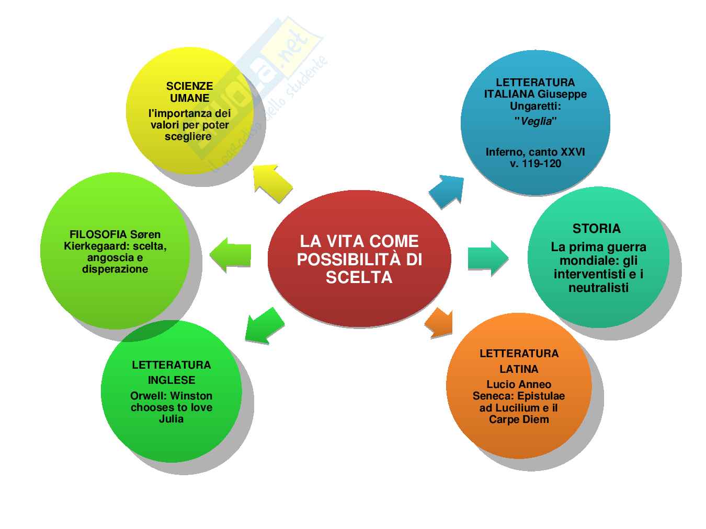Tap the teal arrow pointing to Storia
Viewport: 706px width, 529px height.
point(487,257)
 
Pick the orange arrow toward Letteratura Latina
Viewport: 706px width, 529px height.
point(439,323)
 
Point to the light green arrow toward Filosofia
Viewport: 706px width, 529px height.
point(231,254)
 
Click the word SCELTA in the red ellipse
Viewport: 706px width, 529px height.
point(359,277)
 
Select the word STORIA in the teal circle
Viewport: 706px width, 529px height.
point(596,229)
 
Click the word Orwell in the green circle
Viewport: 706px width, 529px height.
point(149,396)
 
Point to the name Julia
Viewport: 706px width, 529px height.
point(172,419)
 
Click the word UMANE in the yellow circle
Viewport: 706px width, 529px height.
point(189,98)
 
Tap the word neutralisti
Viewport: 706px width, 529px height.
point(598,288)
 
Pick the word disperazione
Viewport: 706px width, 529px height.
point(115,269)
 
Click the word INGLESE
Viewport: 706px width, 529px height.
point(172,380)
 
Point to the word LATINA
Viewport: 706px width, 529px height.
point(519,369)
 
